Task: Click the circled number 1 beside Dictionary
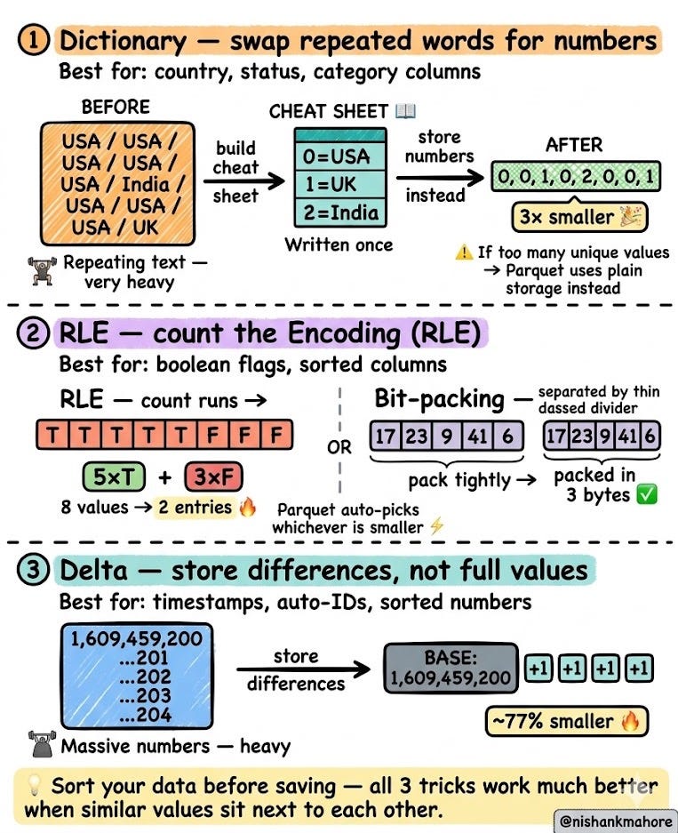(x=34, y=41)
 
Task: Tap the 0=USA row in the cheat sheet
(x=340, y=156)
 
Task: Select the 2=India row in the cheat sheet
(x=340, y=213)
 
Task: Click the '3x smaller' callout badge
(x=579, y=217)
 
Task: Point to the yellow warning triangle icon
(x=464, y=252)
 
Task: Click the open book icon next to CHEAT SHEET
(x=405, y=111)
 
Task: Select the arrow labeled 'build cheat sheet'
(x=243, y=181)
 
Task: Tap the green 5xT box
(x=114, y=477)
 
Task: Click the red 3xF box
(x=213, y=477)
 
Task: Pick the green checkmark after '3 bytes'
(x=647, y=494)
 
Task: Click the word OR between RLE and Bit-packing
(x=339, y=447)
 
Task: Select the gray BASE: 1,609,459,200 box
(x=451, y=668)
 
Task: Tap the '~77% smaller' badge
(x=567, y=721)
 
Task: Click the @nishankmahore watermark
(x=616, y=821)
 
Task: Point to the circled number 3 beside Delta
(x=34, y=570)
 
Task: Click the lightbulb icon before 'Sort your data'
(x=34, y=785)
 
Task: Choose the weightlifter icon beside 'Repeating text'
(x=42, y=271)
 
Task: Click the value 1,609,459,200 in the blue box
(x=137, y=638)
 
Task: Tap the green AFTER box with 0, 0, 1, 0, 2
(x=576, y=176)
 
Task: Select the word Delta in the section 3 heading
(x=93, y=571)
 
